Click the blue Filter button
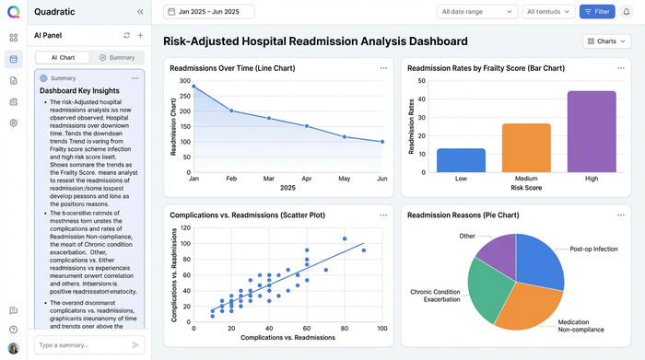pos(597,12)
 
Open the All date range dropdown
pos(476,12)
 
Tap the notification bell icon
pos(627,12)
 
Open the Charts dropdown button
pos(606,41)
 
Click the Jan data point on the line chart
pos(193,87)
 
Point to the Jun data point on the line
pos(382,142)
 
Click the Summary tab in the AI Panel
pos(116,57)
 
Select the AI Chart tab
pos(62,57)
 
